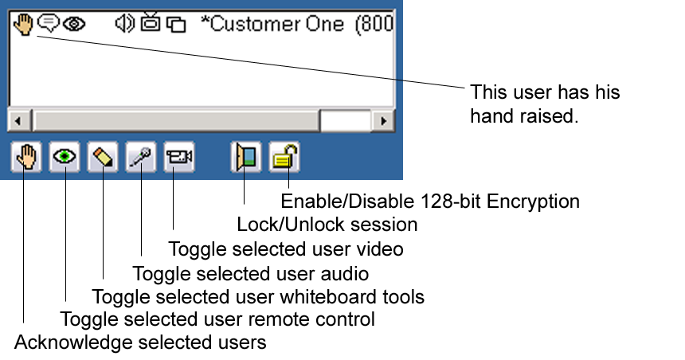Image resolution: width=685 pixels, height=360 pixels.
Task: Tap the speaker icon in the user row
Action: (x=124, y=24)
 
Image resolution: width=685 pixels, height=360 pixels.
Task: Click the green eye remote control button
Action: (x=65, y=157)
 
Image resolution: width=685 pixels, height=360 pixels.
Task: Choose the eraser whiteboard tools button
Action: (x=103, y=157)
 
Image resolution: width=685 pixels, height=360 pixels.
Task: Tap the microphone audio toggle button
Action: (x=141, y=157)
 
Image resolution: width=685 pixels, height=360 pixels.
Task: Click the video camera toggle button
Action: (x=178, y=157)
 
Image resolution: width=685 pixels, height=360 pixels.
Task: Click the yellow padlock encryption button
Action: (x=284, y=157)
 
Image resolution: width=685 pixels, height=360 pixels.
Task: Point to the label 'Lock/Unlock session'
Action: (x=327, y=225)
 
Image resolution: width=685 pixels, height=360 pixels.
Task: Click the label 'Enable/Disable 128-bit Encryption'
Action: (x=430, y=200)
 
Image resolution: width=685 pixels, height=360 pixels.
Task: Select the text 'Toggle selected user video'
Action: (x=286, y=248)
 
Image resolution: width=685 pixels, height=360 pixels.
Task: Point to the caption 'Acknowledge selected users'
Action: (x=140, y=343)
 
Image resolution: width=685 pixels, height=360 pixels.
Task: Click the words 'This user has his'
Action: (x=545, y=92)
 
